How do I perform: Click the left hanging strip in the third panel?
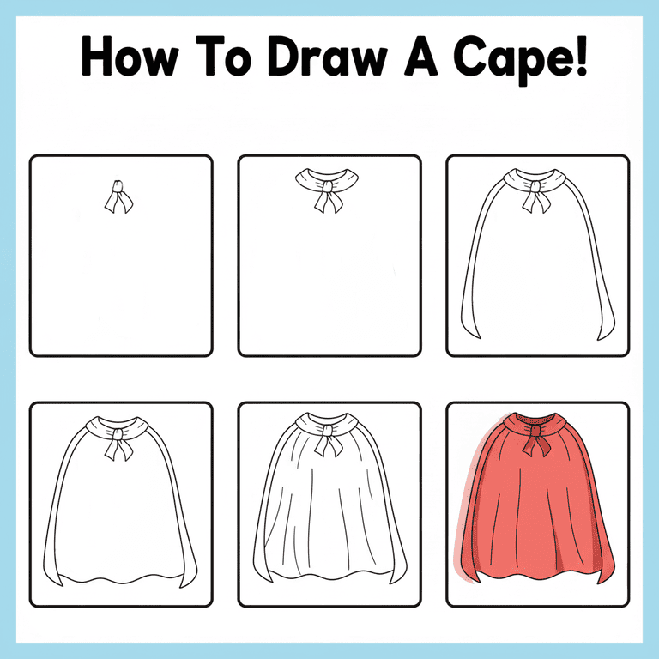pyautogui.click(x=472, y=283)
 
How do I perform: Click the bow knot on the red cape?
pyautogui.click(x=537, y=443)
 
